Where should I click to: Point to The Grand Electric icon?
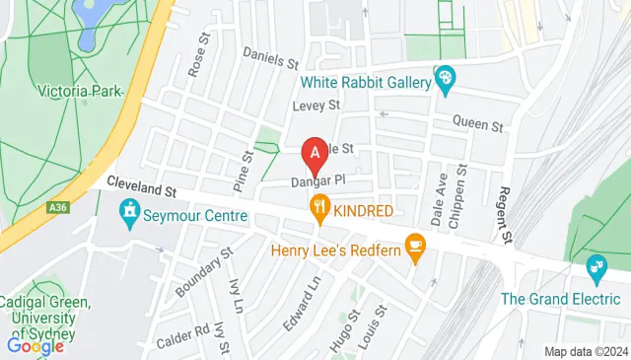tap(596, 265)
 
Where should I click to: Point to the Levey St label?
tap(315, 104)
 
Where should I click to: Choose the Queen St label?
tap(477, 125)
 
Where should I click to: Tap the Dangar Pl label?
tap(317, 181)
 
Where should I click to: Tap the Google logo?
tap(35, 345)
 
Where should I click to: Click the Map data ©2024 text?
tap(586, 351)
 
